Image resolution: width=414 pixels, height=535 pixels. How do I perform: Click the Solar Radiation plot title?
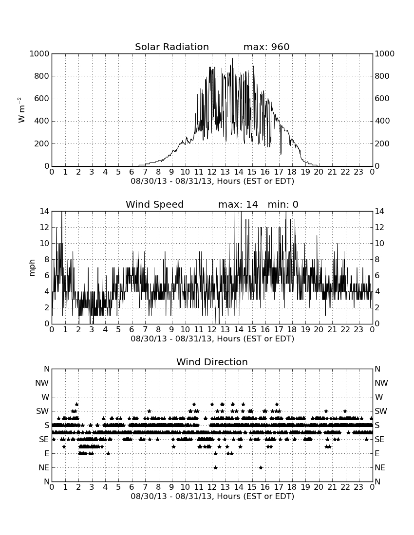(172, 47)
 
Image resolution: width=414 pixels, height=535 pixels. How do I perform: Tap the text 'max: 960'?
(266, 47)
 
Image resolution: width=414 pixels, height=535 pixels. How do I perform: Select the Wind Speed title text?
(155, 204)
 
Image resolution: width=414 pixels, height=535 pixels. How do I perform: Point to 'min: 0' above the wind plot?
(283, 204)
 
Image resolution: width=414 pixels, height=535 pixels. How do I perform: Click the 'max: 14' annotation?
(238, 204)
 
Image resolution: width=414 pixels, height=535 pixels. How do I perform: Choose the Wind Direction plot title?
(212, 362)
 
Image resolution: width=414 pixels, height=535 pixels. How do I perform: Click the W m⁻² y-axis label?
(21, 110)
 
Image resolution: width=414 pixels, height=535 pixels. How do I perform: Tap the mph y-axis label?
(32, 268)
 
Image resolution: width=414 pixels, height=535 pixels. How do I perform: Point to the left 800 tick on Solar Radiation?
(42, 76)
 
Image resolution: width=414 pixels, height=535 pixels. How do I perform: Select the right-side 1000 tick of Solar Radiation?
(385, 53)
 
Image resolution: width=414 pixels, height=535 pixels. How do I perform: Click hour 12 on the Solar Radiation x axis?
(212, 172)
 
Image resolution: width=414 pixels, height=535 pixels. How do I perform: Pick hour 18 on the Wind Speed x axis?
(292, 330)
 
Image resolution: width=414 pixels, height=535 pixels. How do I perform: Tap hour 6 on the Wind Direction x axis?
(132, 487)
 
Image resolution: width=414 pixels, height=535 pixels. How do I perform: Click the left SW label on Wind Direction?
(42, 411)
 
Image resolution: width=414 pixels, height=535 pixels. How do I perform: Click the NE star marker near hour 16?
(261, 467)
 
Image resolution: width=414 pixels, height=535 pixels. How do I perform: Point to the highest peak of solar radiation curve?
(233, 58)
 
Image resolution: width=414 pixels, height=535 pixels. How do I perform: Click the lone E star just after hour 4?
(108, 453)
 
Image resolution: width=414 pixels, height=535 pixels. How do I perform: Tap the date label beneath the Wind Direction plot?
(212, 496)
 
